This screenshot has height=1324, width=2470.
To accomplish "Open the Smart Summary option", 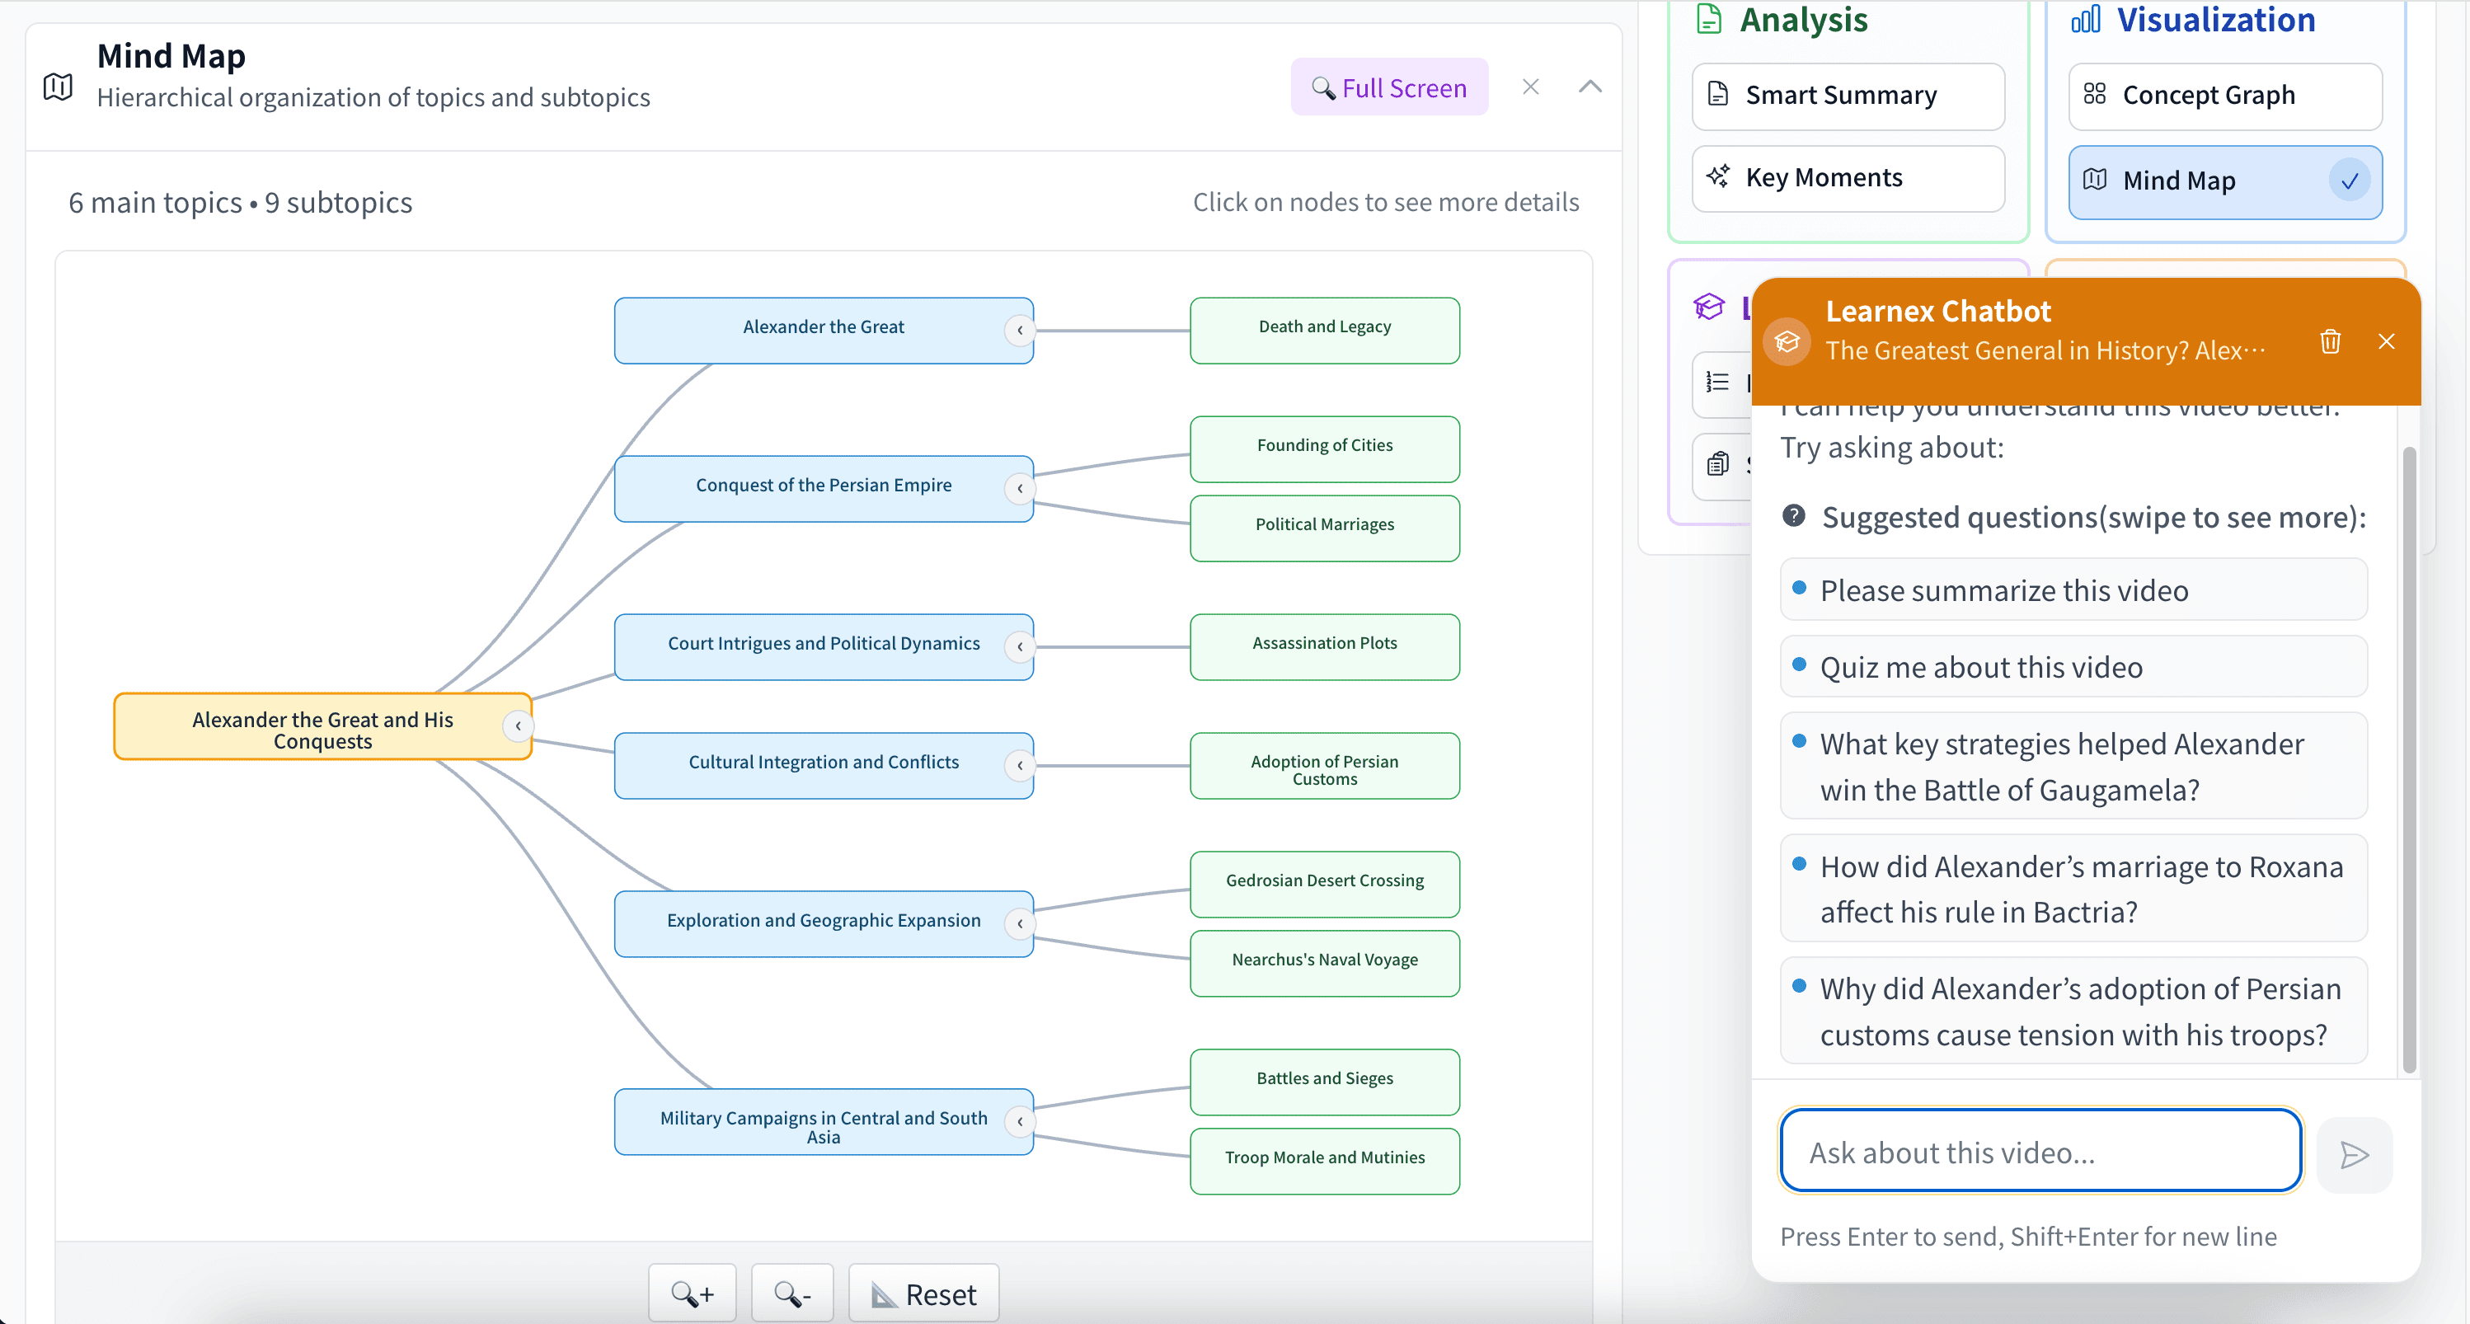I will pos(1847,96).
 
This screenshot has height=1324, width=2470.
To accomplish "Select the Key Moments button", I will pos(1847,178).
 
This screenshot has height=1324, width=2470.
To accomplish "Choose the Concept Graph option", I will pos(2223,96).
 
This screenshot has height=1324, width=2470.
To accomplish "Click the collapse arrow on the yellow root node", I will pos(518,725).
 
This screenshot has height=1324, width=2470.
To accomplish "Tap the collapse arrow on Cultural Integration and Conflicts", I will pos(1019,765).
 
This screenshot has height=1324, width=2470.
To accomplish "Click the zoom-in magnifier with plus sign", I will pos(692,1294).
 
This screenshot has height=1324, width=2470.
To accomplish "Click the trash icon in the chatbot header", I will pos(2330,341).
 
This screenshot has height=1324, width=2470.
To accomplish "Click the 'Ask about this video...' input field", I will pos(2040,1152).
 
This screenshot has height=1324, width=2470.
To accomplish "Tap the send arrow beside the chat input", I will pos(2354,1154).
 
